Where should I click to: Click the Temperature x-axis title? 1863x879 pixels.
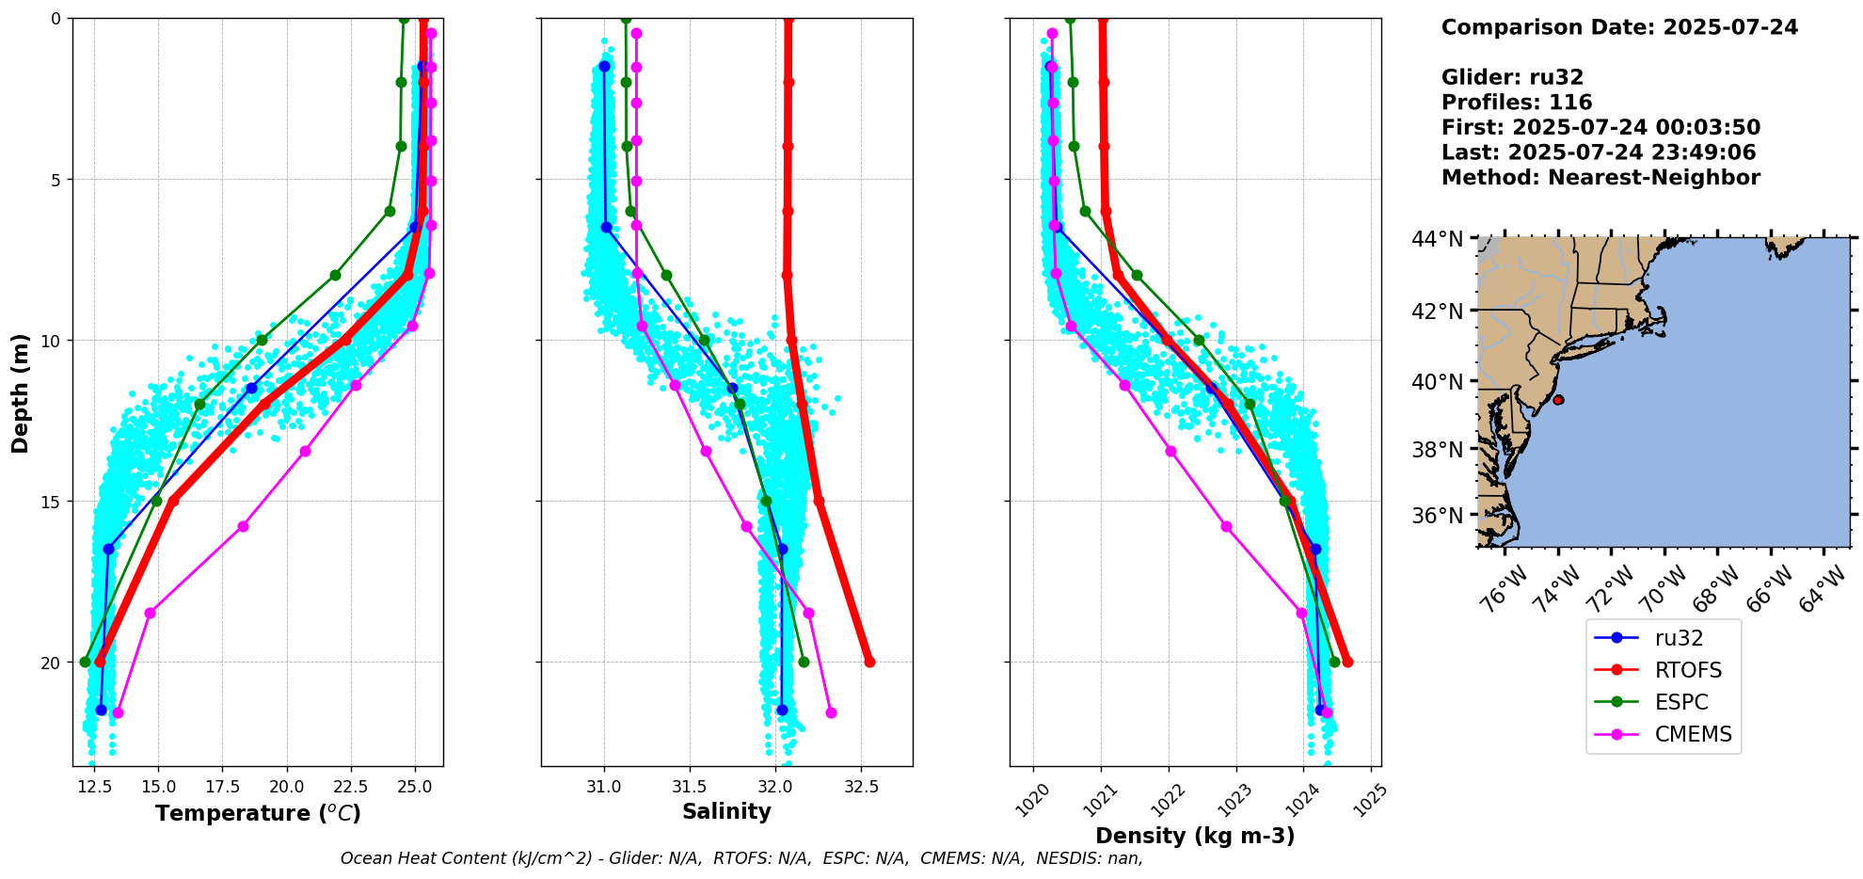click(x=258, y=813)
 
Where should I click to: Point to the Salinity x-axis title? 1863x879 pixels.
click(x=726, y=811)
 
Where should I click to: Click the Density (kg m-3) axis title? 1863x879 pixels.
click(x=1195, y=836)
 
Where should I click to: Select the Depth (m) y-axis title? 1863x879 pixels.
click(x=21, y=392)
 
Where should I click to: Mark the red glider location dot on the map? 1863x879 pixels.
click(x=1558, y=400)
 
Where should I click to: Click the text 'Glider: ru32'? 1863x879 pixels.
click(x=1512, y=77)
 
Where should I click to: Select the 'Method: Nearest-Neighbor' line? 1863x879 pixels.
click(x=1600, y=177)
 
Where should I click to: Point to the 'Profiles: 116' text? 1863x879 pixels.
click(x=1516, y=103)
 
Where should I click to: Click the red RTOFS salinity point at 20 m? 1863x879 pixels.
click(x=869, y=663)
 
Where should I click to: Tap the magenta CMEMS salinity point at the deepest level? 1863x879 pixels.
click(x=831, y=712)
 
